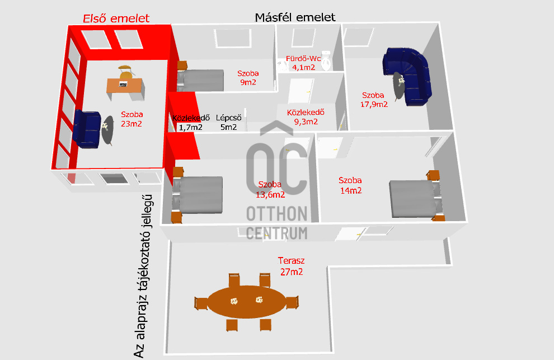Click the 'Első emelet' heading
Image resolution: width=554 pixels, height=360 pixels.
[116, 18]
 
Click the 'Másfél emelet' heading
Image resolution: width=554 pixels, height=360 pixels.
[295, 17]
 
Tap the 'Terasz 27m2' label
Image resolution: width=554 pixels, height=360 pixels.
[290, 267]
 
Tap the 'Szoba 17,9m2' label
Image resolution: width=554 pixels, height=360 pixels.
[374, 99]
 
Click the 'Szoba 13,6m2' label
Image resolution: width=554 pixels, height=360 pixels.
[270, 190]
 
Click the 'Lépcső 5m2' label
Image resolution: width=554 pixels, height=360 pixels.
[228, 123]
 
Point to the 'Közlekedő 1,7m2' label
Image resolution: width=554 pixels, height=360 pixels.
[191, 123]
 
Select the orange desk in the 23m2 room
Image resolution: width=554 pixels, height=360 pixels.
[124, 85]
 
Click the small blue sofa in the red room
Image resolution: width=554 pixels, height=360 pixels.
[87, 129]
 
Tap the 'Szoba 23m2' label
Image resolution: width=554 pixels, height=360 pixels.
[132, 119]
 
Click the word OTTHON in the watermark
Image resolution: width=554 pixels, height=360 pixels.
[277, 214]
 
